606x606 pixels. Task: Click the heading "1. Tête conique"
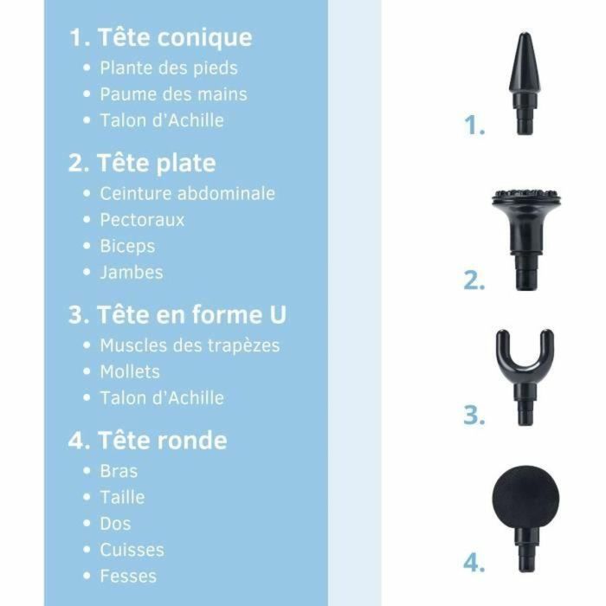coord(161,38)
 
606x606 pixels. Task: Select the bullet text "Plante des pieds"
coord(168,68)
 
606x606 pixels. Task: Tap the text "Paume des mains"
coord(173,93)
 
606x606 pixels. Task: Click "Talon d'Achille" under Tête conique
coord(161,120)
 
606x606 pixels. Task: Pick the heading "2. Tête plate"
coord(142,164)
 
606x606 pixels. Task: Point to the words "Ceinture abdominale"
coord(187,193)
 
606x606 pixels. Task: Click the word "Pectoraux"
coord(142,220)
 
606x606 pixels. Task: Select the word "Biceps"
coord(127,246)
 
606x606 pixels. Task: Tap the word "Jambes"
coord(131,272)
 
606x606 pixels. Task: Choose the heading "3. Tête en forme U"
coord(177,315)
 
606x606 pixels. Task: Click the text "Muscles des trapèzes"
coord(190,345)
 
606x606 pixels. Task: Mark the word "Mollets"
coord(130,371)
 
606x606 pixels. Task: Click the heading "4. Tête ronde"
coord(148,441)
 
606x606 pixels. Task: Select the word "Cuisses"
coord(132,550)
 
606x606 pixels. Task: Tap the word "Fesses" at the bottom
coord(128,576)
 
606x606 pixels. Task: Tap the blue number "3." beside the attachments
coord(474,416)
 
